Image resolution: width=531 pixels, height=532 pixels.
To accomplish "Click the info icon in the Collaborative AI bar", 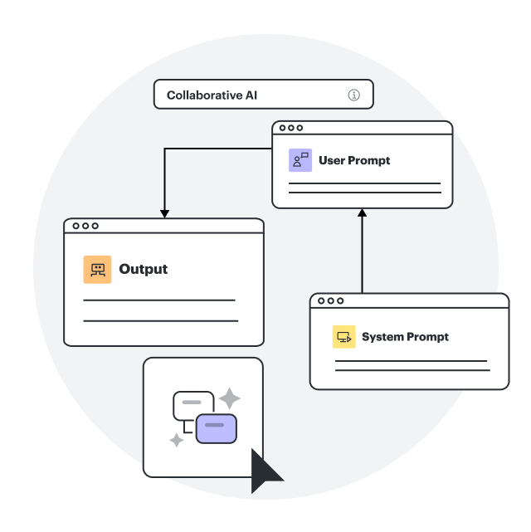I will coord(354,95).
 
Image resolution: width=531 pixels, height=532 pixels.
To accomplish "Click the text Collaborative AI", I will coord(212,95).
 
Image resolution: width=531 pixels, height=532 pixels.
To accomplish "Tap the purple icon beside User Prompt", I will coord(300,160).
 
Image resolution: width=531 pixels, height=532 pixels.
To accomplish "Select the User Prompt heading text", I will coord(354,160).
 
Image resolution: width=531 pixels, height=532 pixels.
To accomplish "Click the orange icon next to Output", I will coord(97,269).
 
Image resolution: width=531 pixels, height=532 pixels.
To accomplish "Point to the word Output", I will coord(144,269).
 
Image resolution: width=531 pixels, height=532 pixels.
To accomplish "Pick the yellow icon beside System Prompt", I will coord(344,337).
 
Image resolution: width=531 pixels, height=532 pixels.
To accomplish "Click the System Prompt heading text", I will coord(405,337).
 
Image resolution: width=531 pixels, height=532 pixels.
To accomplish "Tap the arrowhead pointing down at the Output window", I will coord(164,213).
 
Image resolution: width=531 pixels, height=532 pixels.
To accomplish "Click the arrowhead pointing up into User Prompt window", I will coord(362,213).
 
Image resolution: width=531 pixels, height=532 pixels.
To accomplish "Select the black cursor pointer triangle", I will coord(265,471).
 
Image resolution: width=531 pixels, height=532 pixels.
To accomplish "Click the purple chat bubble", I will coord(217,427).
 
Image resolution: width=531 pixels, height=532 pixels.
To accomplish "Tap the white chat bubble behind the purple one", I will coord(190,403).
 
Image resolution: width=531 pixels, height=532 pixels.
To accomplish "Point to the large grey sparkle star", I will coord(229,398).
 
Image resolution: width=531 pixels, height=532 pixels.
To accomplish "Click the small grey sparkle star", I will coord(177,440).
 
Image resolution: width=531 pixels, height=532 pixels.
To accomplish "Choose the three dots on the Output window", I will coord(85,226).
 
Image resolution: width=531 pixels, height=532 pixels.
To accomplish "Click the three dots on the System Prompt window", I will coord(330,300).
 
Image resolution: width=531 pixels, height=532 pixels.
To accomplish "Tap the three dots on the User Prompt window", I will coord(291,128).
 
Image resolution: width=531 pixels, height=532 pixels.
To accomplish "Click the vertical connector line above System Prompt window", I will coord(362,257).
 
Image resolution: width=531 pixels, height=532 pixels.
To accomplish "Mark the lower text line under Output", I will coord(161,320).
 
